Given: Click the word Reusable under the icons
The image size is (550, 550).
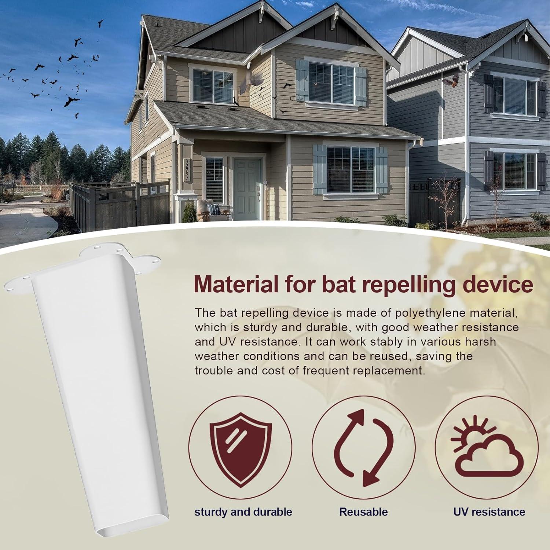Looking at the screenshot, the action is click(x=363, y=511).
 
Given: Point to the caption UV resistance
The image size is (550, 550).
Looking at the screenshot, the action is click(x=489, y=511).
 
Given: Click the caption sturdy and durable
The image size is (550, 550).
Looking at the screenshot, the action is click(x=243, y=512).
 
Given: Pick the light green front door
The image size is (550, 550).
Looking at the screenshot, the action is click(x=246, y=189).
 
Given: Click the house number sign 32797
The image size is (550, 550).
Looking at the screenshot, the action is click(x=187, y=169).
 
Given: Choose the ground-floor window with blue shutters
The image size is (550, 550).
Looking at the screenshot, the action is click(x=350, y=169).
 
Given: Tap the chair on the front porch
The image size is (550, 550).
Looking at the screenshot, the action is click(x=205, y=210).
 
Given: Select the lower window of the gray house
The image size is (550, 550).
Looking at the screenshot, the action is click(x=514, y=170).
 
